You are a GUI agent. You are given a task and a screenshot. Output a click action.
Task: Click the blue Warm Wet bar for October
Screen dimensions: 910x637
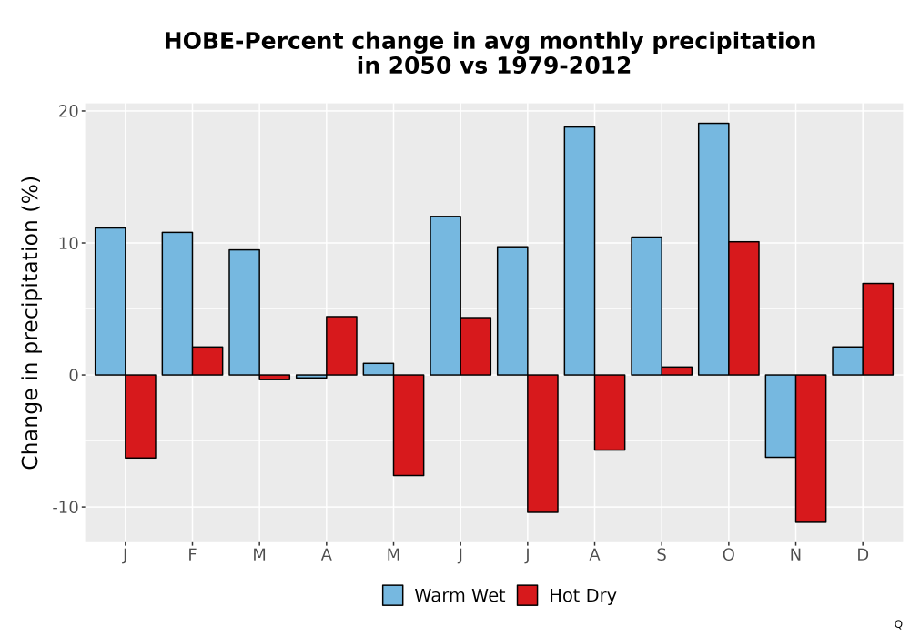click(x=713, y=248)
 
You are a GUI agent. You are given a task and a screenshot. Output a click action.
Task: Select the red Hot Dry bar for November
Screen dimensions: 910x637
click(x=811, y=449)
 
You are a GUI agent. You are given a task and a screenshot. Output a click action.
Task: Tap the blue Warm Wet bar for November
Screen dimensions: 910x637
click(x=781, y=416)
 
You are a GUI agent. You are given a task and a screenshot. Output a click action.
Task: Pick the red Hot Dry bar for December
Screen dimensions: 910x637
click(x=877, y=329)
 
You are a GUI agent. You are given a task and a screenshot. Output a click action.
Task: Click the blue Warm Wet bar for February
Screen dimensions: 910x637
click(x=177, y=303)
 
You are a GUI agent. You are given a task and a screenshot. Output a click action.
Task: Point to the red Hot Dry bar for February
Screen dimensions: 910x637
click(x=207, y=361)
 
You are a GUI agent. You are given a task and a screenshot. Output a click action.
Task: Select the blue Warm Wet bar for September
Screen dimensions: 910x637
click(x=646, y=306)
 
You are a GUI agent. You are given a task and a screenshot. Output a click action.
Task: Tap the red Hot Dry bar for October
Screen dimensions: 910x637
click(x=743, y=308)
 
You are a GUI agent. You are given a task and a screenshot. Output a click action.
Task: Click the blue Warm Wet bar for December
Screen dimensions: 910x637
click(x=847, y=361)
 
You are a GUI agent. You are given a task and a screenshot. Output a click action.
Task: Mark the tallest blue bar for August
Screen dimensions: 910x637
click(x=579, y=250)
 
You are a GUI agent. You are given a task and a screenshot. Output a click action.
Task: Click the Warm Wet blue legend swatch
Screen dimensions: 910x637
click(x=392, y=595)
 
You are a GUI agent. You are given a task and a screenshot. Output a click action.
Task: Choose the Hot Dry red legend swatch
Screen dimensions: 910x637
click(x=527, y=595)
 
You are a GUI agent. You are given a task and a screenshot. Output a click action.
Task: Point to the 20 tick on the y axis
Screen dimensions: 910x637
click(x=68, y=111)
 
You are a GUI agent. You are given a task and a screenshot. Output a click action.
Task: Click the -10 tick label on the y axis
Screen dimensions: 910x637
click(x=65, y=507)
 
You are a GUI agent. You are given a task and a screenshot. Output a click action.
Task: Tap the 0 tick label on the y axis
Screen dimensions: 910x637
click(x=74, y=375)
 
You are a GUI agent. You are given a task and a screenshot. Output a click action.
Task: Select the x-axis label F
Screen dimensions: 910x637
click(x=192, y=555)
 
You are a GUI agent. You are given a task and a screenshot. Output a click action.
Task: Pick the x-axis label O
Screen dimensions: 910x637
click(x=728, y=555)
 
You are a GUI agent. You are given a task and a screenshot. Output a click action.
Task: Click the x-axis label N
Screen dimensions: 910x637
click(x=795, y=555)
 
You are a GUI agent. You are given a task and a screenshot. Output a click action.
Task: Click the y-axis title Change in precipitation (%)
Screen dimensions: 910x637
click(x=30, y=322)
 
